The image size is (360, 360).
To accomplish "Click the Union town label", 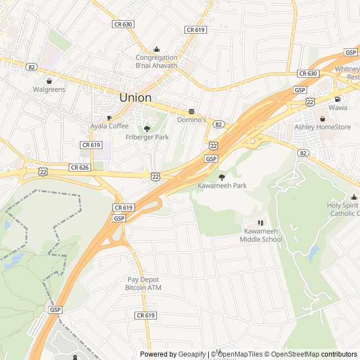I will pyautogui.click(x=135, y=97).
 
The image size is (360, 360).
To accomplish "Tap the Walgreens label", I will pyautogui.click(x=49, y=89).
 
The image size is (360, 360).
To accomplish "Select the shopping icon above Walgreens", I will pyautogui.click(x=49, y=81).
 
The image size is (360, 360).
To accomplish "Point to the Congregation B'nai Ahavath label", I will pyautogui.click(x=156, y=61).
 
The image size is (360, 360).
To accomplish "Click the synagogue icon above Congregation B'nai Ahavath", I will pyautogui.click(x=156, y=49).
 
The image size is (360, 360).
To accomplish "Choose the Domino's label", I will pyautogui.click(x=192, y=120).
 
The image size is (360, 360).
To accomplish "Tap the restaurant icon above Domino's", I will pyautogui.click(x=192, y=111).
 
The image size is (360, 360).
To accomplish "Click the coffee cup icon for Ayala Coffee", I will pyautogui.click(x=109, y=118).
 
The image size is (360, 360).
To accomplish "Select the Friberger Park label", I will pyautogui.click(x=147, y=137).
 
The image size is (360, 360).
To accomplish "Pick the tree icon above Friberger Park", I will pyautogui.click(x=147, y=129).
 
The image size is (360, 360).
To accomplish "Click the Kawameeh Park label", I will pyautogui.click(x=222, y=186).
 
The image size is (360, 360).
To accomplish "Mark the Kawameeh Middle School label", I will pyautogui.click(x=260, y=235).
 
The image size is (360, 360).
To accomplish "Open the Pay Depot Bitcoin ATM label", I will pyautogui.click(x=143, y=283).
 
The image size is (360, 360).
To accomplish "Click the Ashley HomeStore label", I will pyautogui.click(x=322, y=127).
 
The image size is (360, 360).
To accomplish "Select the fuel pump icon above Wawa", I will pyautogui.click(x=337, y=99).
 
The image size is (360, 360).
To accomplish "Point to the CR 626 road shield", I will pyautogui.click(x=79, y=167).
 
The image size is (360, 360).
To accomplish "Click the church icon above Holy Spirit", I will pyautogui.click(x=354, y=197).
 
